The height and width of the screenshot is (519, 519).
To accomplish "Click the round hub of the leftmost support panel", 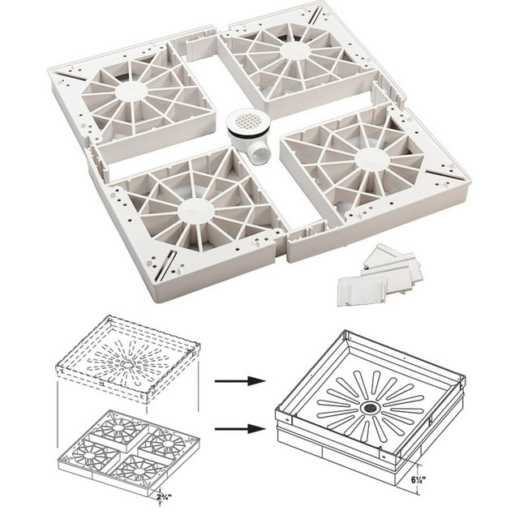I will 127,91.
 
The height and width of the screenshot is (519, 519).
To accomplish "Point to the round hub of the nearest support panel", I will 196,212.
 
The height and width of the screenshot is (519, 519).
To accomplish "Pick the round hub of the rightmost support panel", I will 369,158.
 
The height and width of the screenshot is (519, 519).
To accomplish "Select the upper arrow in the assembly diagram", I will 236,380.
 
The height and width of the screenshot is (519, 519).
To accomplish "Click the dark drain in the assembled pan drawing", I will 369,405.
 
